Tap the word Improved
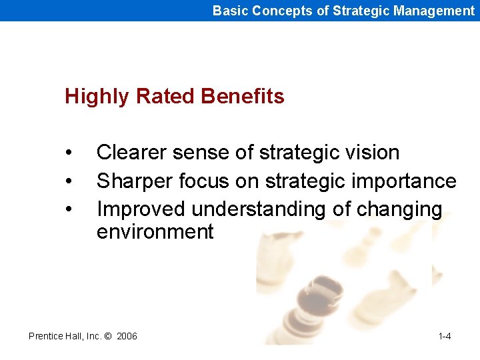[x=141, y=209]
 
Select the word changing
[x=399, y=210]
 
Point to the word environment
[x=155, y=232]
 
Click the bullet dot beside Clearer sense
[x=69, y=153]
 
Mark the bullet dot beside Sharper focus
[x=69, y=182]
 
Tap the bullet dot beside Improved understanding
[x=69, y=210]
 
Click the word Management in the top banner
[x=434, y=11]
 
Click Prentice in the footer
[x=46, y=336]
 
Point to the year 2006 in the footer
[x=127, y=336]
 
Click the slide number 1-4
[x=445, y=336]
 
